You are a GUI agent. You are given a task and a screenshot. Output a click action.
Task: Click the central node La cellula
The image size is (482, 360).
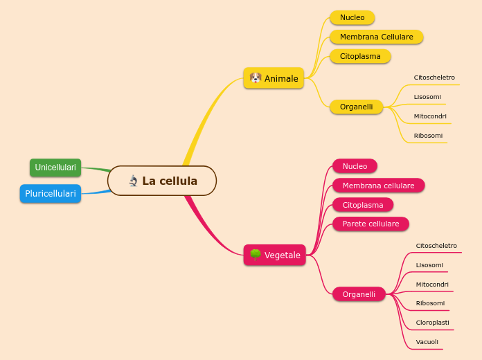tap(162, 181)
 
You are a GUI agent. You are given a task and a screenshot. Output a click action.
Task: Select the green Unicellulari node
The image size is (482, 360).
tap(55, 168)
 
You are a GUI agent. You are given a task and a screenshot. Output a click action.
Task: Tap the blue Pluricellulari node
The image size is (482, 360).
tap(51, 194)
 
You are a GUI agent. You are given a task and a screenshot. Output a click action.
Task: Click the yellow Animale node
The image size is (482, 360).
tap(274, 78)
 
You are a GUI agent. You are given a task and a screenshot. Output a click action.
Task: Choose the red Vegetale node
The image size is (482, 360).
tap(275, 255)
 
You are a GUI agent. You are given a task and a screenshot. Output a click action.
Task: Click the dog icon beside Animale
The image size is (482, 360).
tap(256, 78)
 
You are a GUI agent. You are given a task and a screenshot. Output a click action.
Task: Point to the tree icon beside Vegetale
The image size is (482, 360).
tap(255, 255)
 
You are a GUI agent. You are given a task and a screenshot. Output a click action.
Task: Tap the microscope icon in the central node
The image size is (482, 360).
tap(134, 181)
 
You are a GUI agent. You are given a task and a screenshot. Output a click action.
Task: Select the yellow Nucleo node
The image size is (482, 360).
tap(352, 17)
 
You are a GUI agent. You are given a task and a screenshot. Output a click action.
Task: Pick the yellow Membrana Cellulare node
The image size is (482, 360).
tap(376, 37)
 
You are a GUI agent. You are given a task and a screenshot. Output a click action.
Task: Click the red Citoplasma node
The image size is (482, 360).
tap(362, 205)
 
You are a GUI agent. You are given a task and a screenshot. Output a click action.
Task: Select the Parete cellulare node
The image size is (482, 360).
tap(371, 224)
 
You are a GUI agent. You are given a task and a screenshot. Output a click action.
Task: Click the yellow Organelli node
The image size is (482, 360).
tap(356, 107)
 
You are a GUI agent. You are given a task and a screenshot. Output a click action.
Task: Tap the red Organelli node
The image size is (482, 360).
tap(359, 294)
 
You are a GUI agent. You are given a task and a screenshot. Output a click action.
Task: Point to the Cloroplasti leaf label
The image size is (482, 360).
tap(432, 323)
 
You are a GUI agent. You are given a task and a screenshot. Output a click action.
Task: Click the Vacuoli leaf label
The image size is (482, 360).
tap(427, 342)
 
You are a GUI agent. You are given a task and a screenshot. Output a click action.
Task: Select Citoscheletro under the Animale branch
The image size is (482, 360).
tap(434, 78)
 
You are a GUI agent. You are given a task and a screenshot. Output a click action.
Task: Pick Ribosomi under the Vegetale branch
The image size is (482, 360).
tap(430, 303)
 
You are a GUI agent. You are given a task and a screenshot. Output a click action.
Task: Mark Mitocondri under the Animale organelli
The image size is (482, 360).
tap(430, 116)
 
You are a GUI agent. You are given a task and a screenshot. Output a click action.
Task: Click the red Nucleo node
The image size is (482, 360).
tap(355, 166)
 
